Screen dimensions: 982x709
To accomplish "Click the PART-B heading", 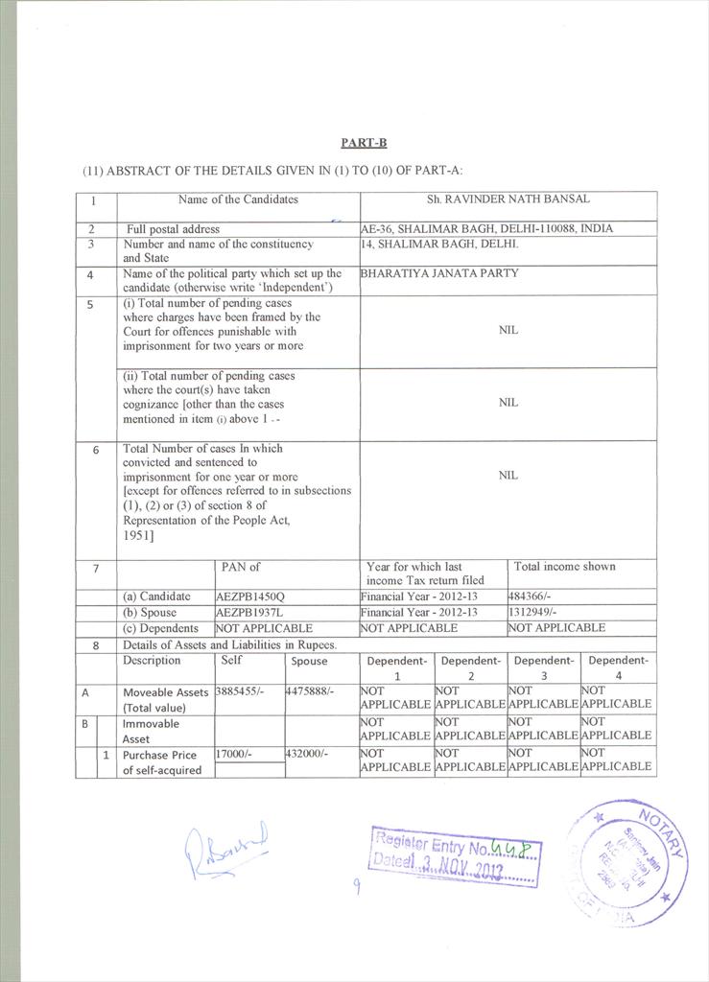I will click(364, 143).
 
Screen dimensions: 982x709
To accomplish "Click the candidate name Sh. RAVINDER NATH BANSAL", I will click(508, 199).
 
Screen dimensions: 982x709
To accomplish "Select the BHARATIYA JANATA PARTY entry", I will click(439, 273).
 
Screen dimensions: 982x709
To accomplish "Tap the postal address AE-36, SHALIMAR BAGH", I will click(486, 229).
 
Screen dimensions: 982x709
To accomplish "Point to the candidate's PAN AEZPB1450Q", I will click(250, 596).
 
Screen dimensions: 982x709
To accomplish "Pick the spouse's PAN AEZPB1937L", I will click(249, 612).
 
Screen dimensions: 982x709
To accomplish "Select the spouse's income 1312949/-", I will click(538, 612).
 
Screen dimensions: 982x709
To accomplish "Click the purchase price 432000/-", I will click(310, 755).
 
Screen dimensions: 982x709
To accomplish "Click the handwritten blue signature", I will click(226, 848).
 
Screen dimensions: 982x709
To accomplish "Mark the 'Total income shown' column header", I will click(565, 567).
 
